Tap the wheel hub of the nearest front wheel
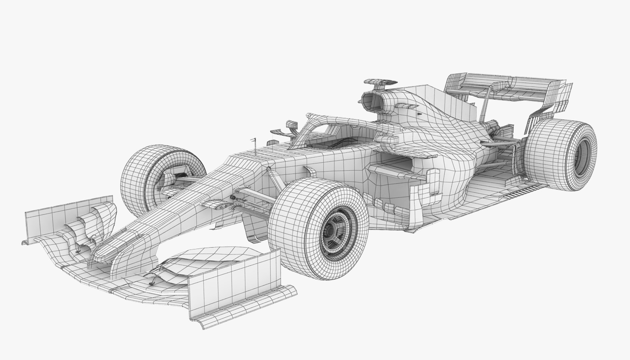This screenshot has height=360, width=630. [x=332, y=230]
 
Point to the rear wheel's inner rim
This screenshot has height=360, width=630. [x=582, y=157]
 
